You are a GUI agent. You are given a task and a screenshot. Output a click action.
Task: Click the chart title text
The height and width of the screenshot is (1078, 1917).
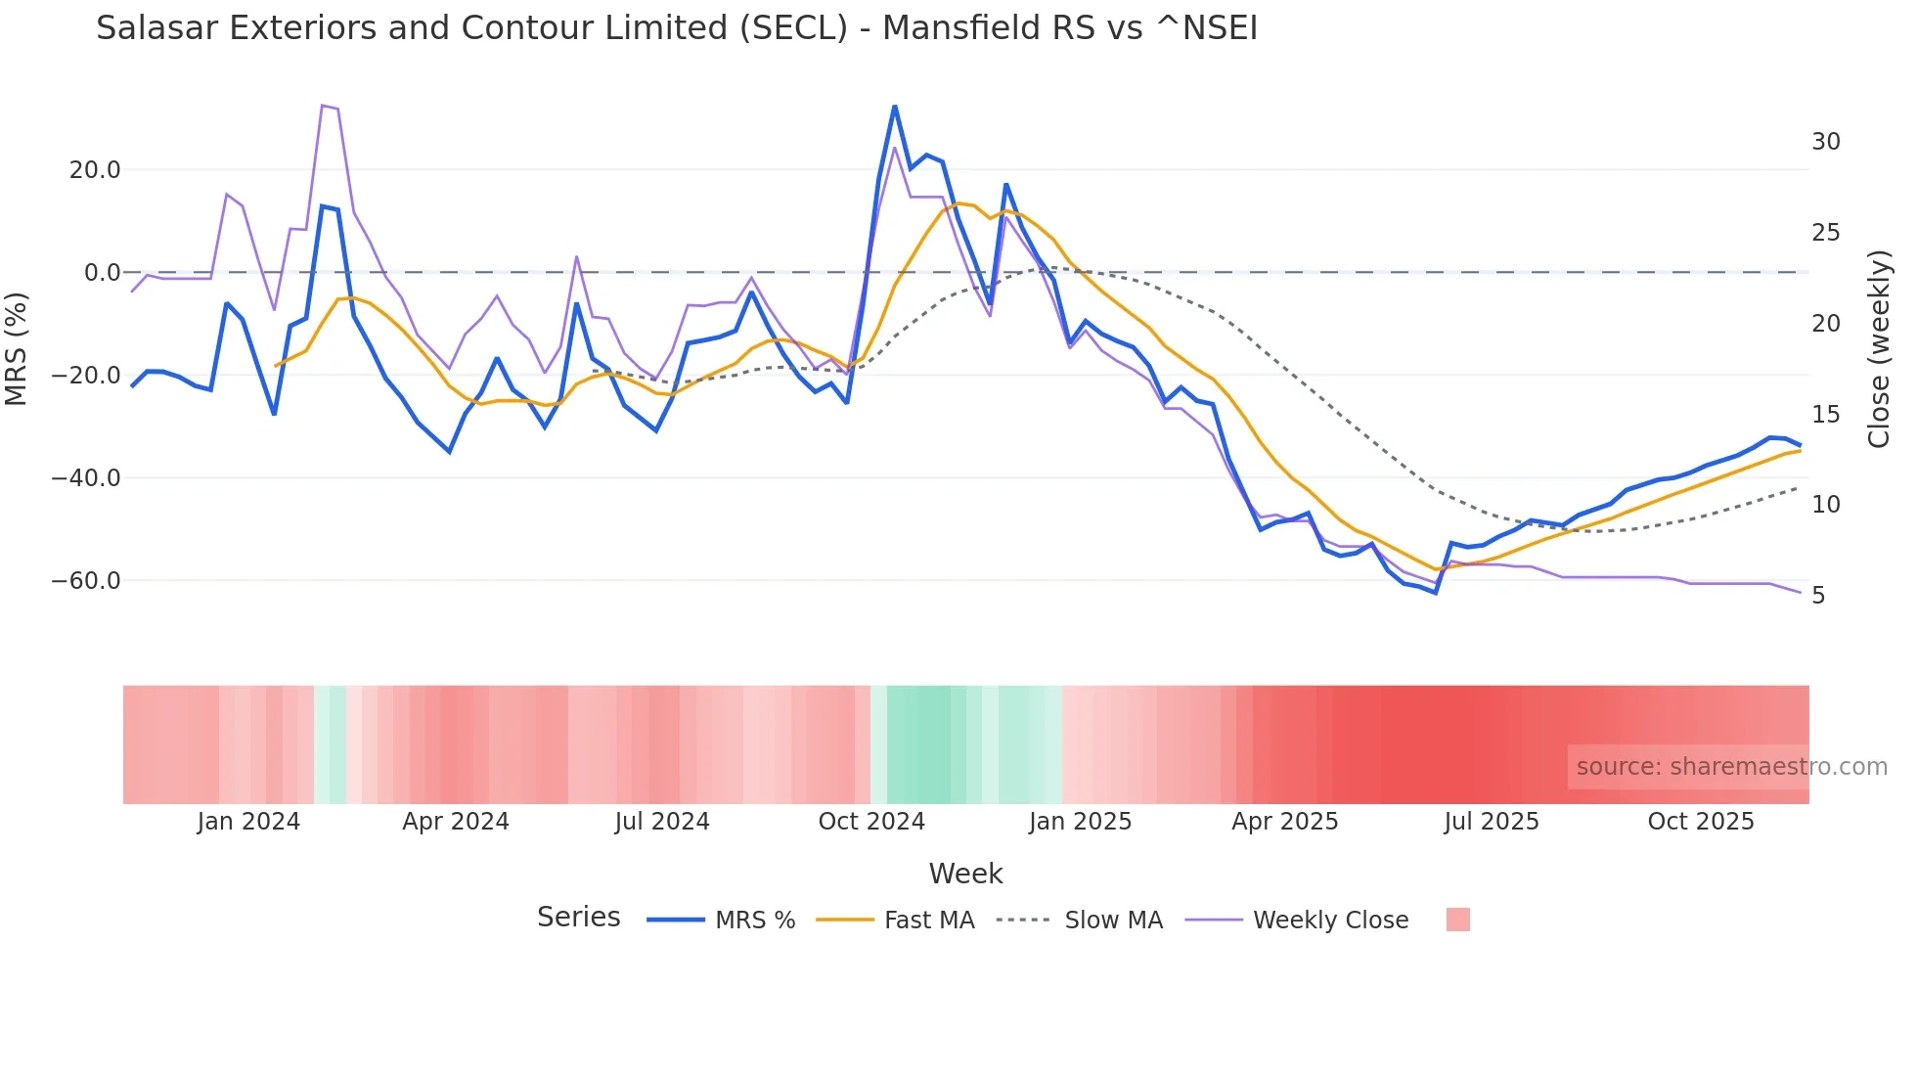pyautogui.click(x=676, y=28)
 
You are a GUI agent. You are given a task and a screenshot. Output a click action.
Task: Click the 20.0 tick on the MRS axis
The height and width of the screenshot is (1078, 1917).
pyautogui.click(x=95, y=170)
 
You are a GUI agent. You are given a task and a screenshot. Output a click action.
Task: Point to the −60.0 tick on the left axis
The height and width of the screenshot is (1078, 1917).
pyautogui.click(x=86, y=581)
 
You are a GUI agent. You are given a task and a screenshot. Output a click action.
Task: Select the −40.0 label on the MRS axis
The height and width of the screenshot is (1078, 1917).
pyautogui.click(x=86, y=478)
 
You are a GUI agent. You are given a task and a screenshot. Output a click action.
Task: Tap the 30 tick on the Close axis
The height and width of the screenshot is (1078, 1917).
pyautogui.click(x=1825, y=142)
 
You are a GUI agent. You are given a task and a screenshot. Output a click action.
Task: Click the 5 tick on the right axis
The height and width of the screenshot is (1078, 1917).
pyautogui.click(x=1818, y=596)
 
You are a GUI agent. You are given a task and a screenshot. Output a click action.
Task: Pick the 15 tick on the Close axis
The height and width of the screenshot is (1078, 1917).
pyautogui.click(x=1825, y=415)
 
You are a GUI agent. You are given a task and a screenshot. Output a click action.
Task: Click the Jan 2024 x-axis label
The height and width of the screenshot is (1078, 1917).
pyautogui.click(x=248, y=822)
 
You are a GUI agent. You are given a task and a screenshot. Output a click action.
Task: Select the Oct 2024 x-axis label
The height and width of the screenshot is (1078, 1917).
pyautogui.click(x=871, y=822)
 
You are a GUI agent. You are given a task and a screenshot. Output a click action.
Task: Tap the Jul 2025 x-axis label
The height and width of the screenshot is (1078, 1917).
pyautogui.click(x=1492, y=822)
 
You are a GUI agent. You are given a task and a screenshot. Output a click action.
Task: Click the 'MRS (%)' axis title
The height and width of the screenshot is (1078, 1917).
pyautogui.click(x=17, y=348)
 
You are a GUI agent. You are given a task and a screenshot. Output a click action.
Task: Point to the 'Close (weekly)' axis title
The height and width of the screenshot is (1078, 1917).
pyautogui.click(x=1879, y=348)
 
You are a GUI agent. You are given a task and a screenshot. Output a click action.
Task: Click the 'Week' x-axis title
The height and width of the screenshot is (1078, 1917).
pyautogui.click(x=965, y=874)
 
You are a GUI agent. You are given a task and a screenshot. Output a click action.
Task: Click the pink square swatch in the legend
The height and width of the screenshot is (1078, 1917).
pyautogui.click(x=1457, y=920)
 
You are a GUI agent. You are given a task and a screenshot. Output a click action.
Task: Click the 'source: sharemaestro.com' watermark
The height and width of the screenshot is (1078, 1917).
pyautogui.click(x=1731, y=767)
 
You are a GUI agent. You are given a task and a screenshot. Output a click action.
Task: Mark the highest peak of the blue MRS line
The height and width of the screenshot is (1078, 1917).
pyautogui.click(x=895, y=107)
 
